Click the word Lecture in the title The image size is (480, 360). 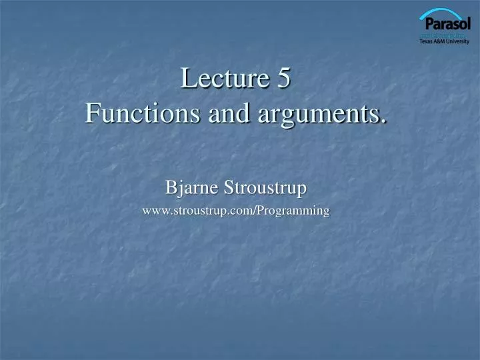coord(223,79)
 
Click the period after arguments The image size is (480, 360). coord(385,121)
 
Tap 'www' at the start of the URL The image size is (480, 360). coord(155,211)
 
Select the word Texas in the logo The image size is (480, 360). coord(426,41)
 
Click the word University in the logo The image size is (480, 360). coord(459,41)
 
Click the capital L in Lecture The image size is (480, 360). coord(187,79)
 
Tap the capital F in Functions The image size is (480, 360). coord(93,114)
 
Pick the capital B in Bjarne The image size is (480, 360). coord(171,189)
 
